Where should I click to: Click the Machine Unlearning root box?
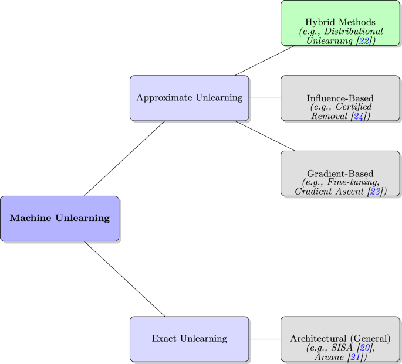pyautogui.click(x=59, y=218)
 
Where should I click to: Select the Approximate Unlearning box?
pyautogui.click(x=189, y=98)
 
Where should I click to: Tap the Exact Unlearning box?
pyautogui.click(x=189, y=339)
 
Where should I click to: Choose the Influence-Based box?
pyautogui.click(x=340, y=98)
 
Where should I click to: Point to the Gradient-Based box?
pyautogui.click(x=340, y=174)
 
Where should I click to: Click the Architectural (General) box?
pyautogui.click(x=340, y=339)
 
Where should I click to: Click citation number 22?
pyautogui.click(x=364, y=41)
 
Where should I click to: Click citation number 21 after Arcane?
pyautogui.click(x=356, y=357)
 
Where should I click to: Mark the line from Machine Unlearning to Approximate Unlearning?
pyautogui.click(x=124, y=158)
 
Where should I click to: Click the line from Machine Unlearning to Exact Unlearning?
pyautogui.click(x=124, y=278)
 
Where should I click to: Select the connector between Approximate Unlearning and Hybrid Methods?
pyautogui.click(x=265, y=60)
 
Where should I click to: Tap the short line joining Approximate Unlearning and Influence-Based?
pyautogui.click(x=265, y=98)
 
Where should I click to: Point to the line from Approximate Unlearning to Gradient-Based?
pyautogui.click(x=265, y=136)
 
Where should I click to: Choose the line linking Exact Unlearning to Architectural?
pyautogui.click(x=265, y=339)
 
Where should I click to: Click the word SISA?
pyautogui.click(x=343, y=348)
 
